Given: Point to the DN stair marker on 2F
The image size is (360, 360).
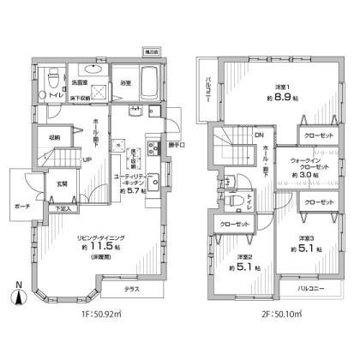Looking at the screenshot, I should point(260,134).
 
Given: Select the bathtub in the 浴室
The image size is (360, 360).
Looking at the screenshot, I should point(135,87).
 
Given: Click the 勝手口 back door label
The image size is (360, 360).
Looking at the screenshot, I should point(177,143).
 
